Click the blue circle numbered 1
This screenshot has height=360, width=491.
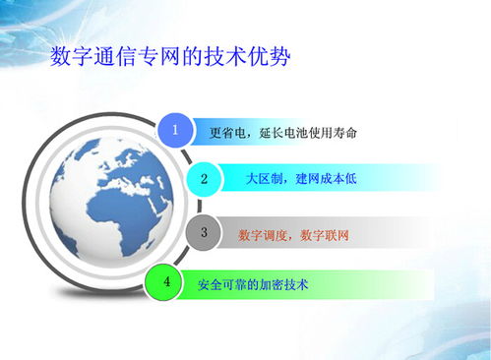click(175, 130)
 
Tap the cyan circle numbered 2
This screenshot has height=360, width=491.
click(204, 179)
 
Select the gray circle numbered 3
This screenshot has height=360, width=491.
click(204, 233)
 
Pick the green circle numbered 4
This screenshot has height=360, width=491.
click(166, 282)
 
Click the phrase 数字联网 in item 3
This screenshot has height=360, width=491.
click(326, 235)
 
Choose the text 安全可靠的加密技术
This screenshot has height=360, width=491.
click(253, 284)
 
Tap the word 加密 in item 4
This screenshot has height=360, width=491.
click(273, 284)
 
